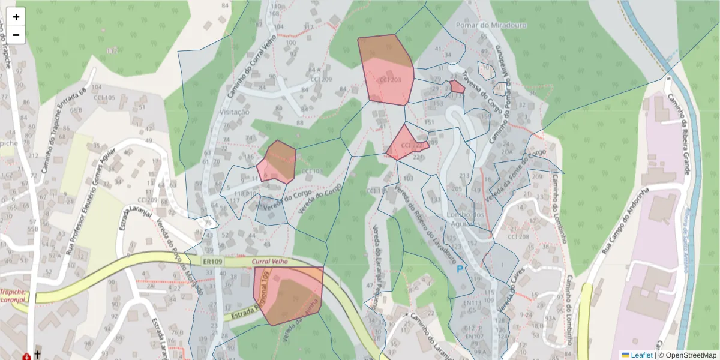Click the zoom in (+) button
16,17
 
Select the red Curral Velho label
270,262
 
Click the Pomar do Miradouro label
484,25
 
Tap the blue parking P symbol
460,270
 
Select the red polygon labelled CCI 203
386,72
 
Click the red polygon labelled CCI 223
405,144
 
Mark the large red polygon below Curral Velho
288,295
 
